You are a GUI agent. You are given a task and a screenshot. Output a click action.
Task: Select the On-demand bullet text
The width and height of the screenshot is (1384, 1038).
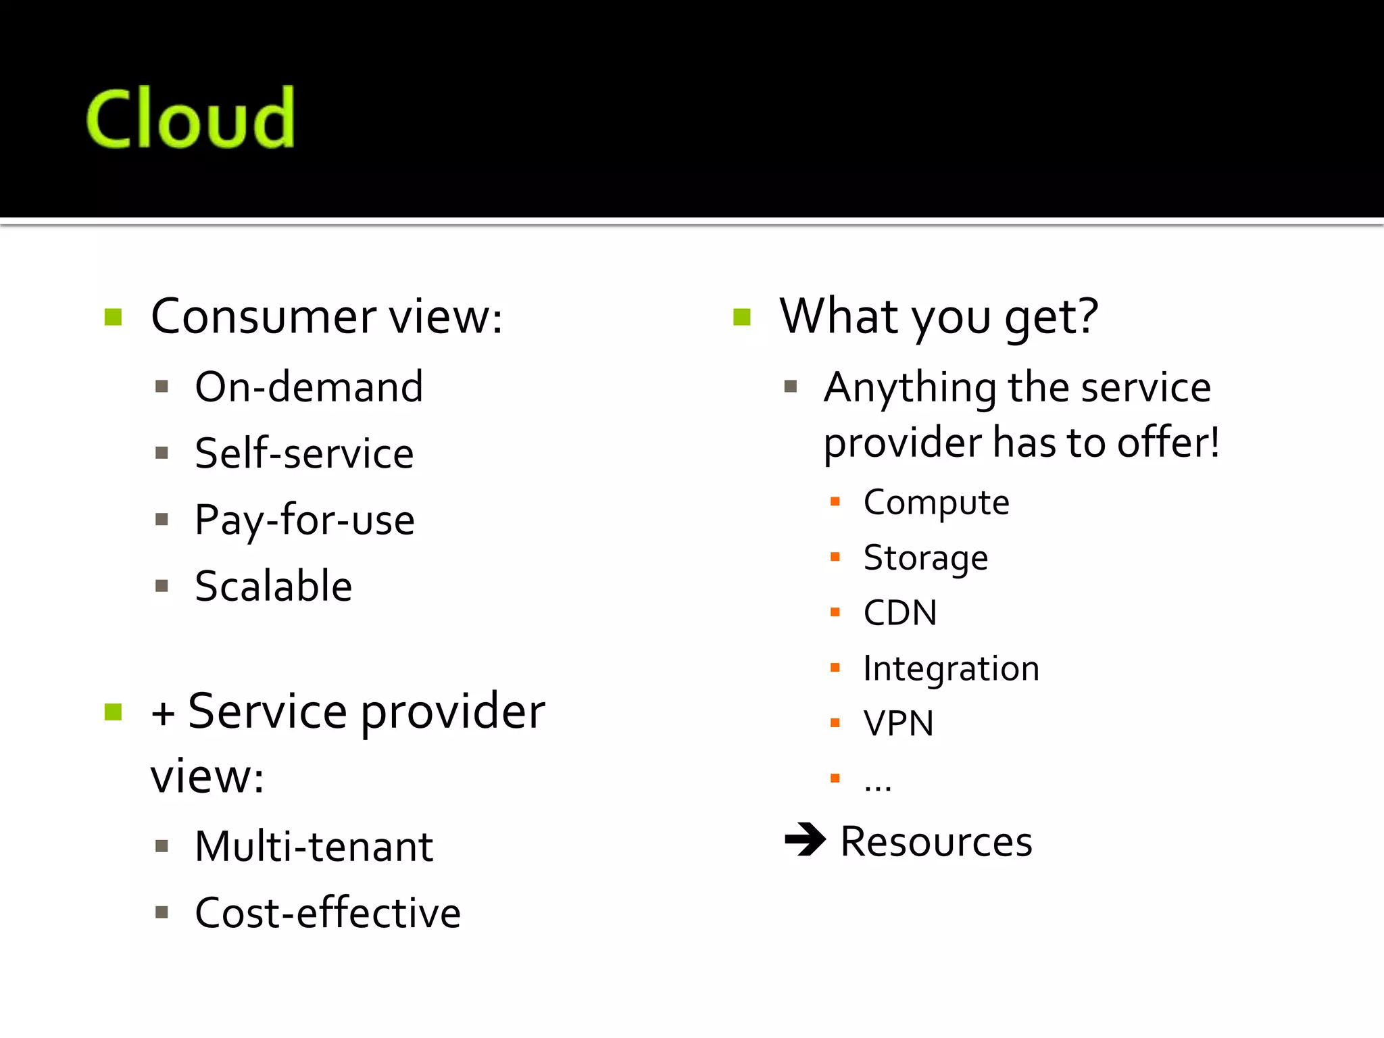pyautogui.click(x=309, y=387)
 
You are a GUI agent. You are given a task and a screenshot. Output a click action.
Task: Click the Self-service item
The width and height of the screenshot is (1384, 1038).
pyautogui.click(x=304, y=453)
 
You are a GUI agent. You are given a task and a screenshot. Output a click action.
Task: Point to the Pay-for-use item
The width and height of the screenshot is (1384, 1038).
pyautogui.click(x=305, y=520)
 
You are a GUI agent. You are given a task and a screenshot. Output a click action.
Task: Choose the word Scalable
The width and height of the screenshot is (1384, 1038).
pyautogui.click(x=274, y=586)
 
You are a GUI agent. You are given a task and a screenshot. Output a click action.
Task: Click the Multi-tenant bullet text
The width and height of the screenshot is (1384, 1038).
pyautogui.click(x=314, y=847)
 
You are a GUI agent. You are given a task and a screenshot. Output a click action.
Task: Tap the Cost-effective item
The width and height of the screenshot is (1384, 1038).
pyautogui.click(x=328, y=913)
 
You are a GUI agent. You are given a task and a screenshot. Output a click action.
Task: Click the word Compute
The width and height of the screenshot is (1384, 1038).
pyautogui.click(x=936, y=503)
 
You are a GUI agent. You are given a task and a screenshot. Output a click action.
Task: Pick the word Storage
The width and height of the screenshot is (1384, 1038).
pyautogui.click(x=926, y=558)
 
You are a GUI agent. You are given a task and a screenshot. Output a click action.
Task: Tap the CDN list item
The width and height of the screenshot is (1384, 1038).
pyautogui.click(x=900, y=613)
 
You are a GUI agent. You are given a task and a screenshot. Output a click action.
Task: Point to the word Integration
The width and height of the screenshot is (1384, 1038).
pyautogui.click(x=951, y=668)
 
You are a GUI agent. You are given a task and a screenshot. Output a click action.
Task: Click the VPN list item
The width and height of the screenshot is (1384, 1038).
pyautogui.click(x=899, y=724)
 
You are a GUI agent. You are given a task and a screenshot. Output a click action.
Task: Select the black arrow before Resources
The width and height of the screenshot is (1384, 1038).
pyautogui.click(x=806, y=839)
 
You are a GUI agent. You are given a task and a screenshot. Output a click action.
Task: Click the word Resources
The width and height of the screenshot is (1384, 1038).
pyautogui.click(x=936, y=842)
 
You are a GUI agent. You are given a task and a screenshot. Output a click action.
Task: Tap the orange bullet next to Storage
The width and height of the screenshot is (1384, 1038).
pyautogui.click(x=835, y=558)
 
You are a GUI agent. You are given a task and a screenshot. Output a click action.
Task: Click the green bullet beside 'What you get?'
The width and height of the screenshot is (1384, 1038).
pyautogui.click(x=742, y=317)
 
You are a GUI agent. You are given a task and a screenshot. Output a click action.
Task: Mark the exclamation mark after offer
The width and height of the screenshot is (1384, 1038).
pyautogui.click(x=1214, y=443)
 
